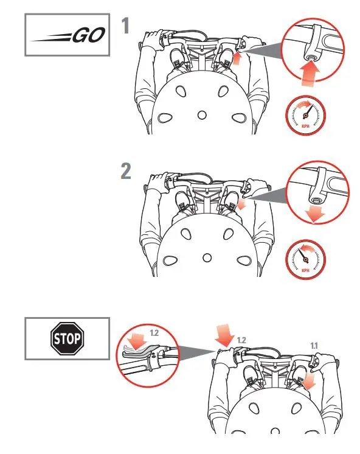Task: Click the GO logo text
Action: pyautogui.click(x=88, y=36)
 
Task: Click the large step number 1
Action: pyautogui.click(x=125, y=27)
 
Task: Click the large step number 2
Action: pyautogui.click(x=125, y=171)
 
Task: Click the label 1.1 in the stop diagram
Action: pyautogui.click(x=314, y=345)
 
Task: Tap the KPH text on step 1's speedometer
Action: pyautogui.click(x=305, y=127)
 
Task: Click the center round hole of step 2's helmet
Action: pyautogui.click(x=207, y=257)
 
